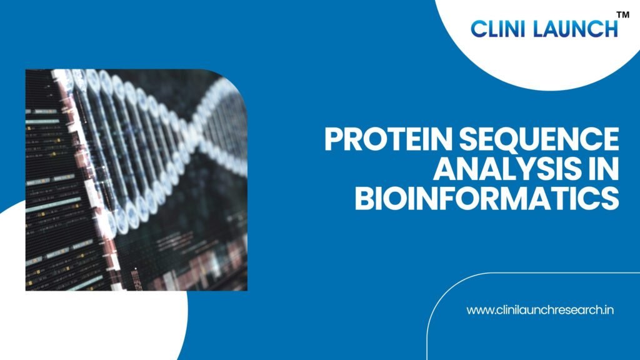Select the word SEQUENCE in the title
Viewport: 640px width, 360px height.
tap(539, 139)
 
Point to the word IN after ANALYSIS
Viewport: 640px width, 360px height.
tap(599, 169)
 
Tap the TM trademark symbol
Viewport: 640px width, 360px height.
tap(623, 15)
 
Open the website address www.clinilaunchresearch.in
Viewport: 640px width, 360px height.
tap(540, 310)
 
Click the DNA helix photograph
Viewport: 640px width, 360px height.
tap(136, 180)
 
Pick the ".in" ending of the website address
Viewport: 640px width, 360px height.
tap(607, 310)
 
